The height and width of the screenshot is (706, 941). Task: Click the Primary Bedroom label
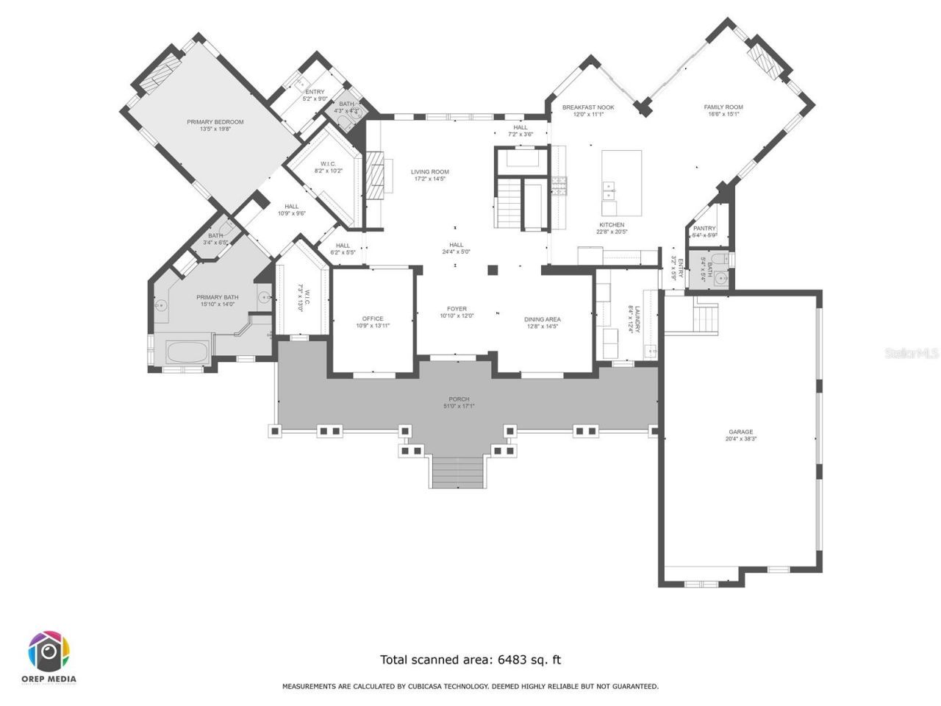pos(215,122)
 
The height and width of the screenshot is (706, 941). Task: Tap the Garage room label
pos(740,432)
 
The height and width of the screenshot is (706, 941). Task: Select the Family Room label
pos(723,107)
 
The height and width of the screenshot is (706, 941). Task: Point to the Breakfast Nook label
pos(588,107)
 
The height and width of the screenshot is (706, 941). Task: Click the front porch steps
pos(457,471)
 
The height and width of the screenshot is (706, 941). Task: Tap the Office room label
pos(373,318)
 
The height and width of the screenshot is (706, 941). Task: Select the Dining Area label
pos(543,319)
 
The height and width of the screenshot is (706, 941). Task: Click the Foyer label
pos(457,309)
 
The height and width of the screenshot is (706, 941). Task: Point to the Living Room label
pos(430,172)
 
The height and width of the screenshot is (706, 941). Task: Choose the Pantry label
pos(704,229)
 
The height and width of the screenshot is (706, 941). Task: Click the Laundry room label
pos(637,320)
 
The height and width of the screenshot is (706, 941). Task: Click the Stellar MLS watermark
pos(912,354)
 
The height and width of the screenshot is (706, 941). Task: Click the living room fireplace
pos(376,176)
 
